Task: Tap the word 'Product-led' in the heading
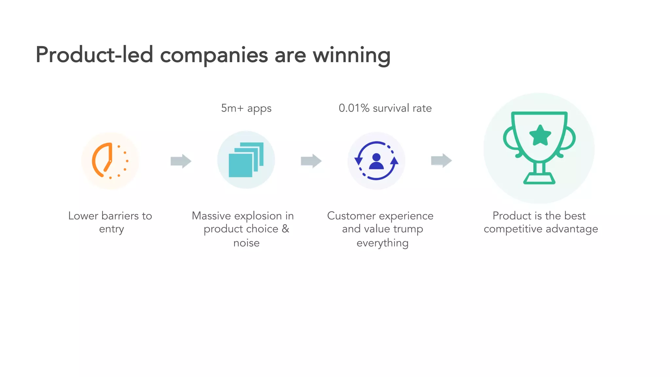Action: tap(94, 55)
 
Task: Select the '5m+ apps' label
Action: tap(246, 108)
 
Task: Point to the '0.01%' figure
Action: tap(354, 108)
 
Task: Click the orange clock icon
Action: tap(110, 161)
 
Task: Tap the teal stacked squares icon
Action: tap(246, 160)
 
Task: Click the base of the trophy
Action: tap(539, 179)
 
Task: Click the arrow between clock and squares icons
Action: tap(181, 161)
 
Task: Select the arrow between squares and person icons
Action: tap(311, 161)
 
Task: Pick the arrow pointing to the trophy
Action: tap(441, 161)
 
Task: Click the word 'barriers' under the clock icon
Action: tap(120, 216)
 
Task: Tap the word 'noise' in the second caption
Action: tap(246, 243)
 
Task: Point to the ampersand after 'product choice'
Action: tap(285, 229)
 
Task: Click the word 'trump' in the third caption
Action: tap(408, 229)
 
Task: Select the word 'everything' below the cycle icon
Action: tap(382, 243)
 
